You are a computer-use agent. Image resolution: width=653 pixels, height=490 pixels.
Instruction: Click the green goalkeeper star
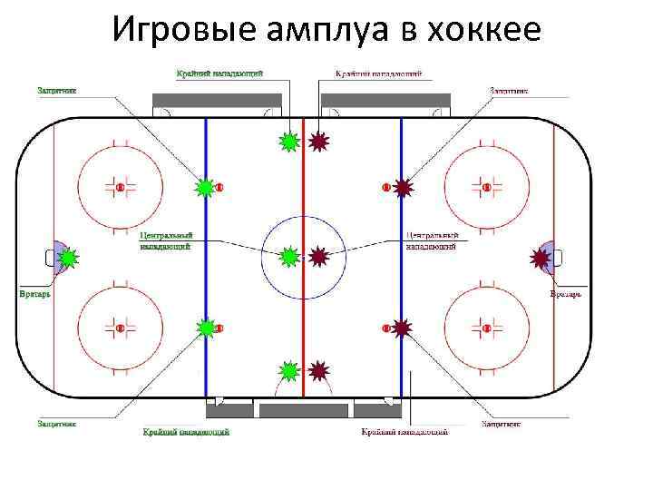(66, 259)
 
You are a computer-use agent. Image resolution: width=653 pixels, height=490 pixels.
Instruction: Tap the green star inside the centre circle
(289, 258)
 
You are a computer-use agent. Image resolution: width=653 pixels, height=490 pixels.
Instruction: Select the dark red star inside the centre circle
(318, 258)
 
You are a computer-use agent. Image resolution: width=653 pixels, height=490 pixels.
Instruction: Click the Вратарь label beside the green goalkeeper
(34, 295)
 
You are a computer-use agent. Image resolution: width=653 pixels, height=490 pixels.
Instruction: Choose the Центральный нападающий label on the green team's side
(165, 240)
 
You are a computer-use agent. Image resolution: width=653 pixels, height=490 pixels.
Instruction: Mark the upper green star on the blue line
(206, 188)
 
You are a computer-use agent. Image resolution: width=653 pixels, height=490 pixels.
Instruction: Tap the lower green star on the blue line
(206, 327)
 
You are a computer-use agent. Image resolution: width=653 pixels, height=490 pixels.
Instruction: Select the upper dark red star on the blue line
(403, 188)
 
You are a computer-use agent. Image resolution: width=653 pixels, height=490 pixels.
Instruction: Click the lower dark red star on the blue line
(403, 327)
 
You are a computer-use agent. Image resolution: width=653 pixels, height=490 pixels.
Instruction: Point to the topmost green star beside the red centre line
(289, 141)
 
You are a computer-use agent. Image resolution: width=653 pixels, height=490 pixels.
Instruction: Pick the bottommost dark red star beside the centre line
(318, 370)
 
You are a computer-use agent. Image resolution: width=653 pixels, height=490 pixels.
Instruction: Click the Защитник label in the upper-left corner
(56, 90)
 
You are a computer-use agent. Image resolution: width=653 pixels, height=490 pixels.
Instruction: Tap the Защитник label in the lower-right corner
(501, 423)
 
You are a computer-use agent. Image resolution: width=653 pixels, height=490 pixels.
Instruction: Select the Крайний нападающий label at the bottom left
(186, 432)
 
